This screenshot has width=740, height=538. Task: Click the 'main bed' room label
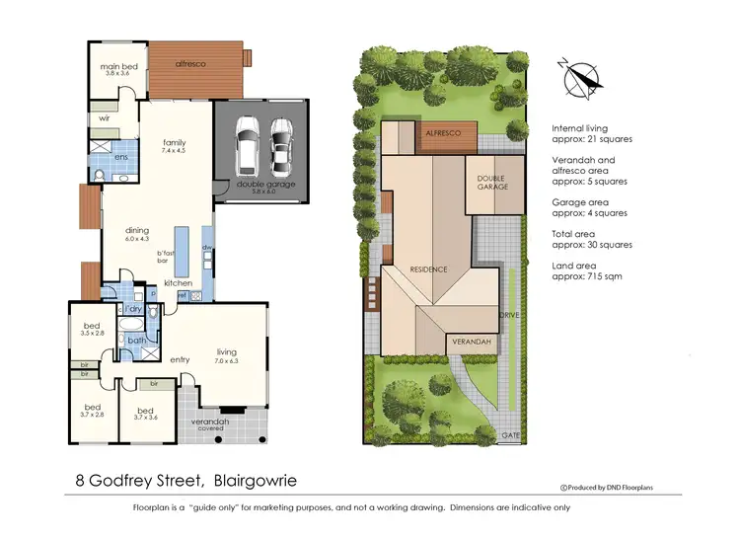coord(116,66)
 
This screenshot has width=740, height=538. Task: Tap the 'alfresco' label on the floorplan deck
coord(189,64)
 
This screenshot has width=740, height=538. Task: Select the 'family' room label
coord(174,143)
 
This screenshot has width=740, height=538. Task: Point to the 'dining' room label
coord(136,230)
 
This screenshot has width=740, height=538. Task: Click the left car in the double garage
coord(247,145)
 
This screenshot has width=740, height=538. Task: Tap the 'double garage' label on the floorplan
coord(259,184)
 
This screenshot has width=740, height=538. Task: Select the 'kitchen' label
coord(178,283)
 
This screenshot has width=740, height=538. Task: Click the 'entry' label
coord(180,359)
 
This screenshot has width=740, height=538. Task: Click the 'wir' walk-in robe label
coord(104,117)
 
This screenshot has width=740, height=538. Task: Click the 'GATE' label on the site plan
coord(510,433)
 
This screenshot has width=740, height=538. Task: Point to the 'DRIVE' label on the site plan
coord(509,315)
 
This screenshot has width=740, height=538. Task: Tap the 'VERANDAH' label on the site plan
coord(470,342)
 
